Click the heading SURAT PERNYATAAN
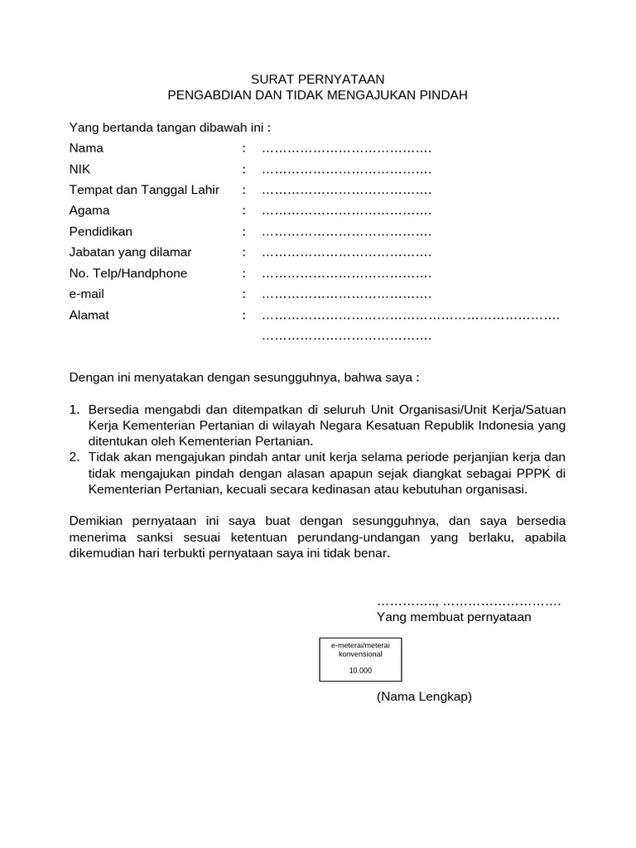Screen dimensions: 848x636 point(318,79)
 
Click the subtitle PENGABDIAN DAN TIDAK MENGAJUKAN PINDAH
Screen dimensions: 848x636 point(318,95)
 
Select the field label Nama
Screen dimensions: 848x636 point(86,149)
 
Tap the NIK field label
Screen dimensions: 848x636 point(79,170)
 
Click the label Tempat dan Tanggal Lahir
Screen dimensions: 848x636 point(144,190)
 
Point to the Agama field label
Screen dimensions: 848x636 point(89,211)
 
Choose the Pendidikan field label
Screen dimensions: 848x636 point(100,232)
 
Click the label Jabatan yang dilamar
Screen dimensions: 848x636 point(130,253)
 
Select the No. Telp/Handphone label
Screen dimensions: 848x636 point(128,273)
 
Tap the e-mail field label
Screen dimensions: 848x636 point(87,294)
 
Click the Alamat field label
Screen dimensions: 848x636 point(89,316)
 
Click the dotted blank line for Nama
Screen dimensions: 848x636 point(346,150)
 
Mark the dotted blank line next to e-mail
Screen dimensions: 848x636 point(346,295)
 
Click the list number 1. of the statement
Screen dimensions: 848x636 point(74,410)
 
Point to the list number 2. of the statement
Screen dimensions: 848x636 point(74,457)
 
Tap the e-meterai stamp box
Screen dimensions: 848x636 point(360,659)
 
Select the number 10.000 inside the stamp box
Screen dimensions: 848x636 point(360,671)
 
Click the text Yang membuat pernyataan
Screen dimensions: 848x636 point(454,618)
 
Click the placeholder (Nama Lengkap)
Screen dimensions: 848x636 point(424,696)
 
